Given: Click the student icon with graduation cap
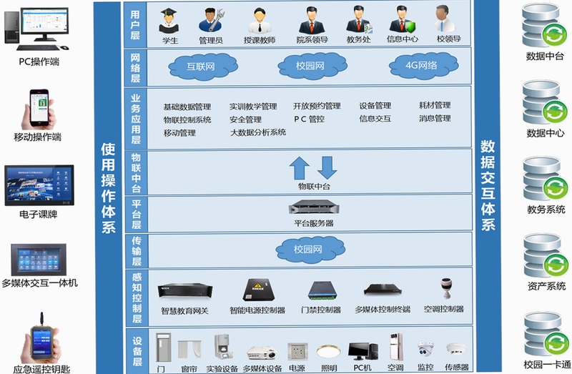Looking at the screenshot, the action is [x=169, y=21].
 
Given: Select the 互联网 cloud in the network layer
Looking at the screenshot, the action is [x=203, y=67].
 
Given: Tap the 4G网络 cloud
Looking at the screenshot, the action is [x=423, y=66].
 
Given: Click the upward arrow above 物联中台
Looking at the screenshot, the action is [x=299, y=168].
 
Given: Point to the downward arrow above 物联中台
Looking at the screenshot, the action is [x=327, y=168].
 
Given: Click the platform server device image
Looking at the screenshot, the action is [x=314, y=207].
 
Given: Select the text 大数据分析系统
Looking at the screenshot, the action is [x=258, y=132].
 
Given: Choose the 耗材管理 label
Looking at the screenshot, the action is [x=435, y=105].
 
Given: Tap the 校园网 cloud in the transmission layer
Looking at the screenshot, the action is [x=310, y=249].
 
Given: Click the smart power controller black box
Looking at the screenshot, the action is [x=258, y=290].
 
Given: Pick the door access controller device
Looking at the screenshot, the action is [x=322, y=290].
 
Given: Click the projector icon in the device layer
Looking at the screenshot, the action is [x=262, y=353].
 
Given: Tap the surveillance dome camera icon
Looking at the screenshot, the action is [x=425, y=350].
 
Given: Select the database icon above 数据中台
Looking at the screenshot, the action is [x=544, y=26].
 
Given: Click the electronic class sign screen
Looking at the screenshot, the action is [x=39, y=185].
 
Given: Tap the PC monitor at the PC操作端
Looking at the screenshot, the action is [x=44, y=23].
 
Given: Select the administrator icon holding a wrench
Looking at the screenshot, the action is [x=211, y=21].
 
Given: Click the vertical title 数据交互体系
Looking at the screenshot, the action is [x=488, y=185].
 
